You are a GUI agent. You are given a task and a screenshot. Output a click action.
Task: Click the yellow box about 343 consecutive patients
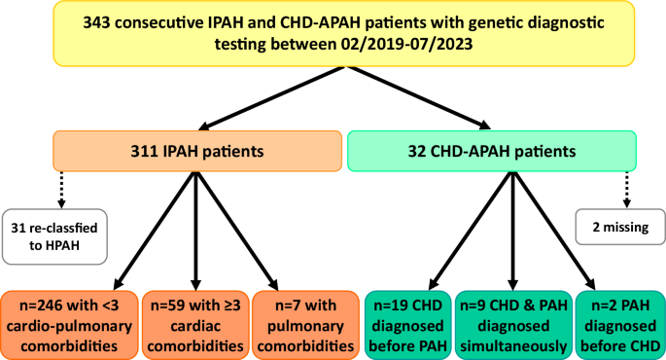[332, 44]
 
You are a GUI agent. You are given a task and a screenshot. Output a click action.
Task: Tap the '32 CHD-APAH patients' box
[491, 152]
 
